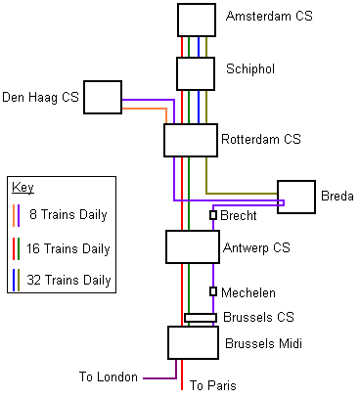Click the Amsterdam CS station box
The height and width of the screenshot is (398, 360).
[197, 20]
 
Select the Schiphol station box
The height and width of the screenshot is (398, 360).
[196, 73]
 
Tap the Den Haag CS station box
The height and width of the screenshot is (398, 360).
[103, 97]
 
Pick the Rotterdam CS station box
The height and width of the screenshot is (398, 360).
[191, 140]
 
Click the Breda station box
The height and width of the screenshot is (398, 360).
[296, 197]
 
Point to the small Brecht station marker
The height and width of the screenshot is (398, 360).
[213, 215]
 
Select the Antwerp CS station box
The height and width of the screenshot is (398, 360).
[193, 246]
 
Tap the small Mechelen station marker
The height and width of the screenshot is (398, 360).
[213, 291]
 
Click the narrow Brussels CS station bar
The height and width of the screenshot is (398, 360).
[201, 318]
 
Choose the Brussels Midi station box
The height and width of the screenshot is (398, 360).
[193, 343]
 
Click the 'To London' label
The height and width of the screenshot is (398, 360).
[109, 376]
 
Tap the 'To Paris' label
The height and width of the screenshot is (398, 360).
[213, 385]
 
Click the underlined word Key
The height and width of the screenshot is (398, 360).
[22, 188]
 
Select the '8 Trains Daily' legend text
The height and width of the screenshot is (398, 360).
[68, 214]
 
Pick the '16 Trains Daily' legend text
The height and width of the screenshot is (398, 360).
[68, 248]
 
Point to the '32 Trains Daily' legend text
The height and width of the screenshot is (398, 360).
[68, 280]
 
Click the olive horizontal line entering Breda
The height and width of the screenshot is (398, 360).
[242, 194]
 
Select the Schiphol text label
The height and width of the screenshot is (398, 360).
[250, 69]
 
